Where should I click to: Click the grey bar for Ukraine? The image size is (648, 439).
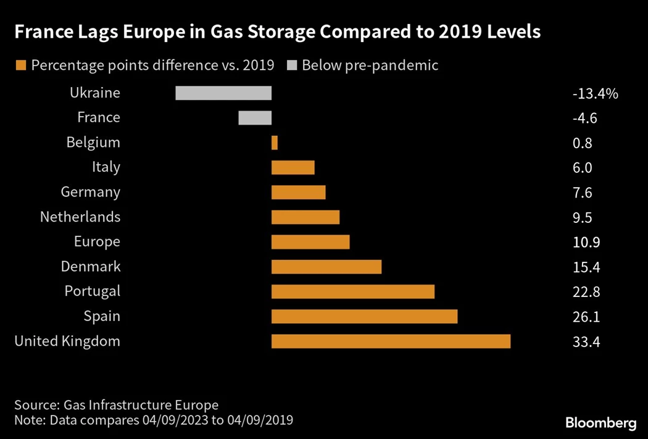coord(223,93)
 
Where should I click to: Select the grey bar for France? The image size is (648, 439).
coord(255,117)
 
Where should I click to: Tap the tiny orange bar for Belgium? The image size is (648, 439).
coord(275,143)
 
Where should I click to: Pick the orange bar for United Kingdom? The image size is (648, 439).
coord(391,341)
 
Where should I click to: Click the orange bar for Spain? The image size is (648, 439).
coord(364,316)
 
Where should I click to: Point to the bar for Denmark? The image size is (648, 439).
coord(326,267)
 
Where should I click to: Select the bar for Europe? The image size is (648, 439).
coord(310,241)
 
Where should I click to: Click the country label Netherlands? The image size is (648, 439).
coord(80,217)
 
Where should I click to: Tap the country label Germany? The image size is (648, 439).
coord(90,192)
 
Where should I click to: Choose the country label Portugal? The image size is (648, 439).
coord(93,291)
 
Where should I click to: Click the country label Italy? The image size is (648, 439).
coord(106,167)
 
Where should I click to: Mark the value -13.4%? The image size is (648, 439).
coord(595,94)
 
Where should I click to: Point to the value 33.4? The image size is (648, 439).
coord(586,341)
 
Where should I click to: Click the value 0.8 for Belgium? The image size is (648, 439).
coord(582,143)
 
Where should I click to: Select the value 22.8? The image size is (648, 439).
coord(586,292)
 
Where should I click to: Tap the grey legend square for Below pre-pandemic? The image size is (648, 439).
coord(291,65)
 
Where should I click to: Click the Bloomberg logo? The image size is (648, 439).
coord(600,423)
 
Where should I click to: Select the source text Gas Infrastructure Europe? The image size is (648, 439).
coord(140,405)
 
